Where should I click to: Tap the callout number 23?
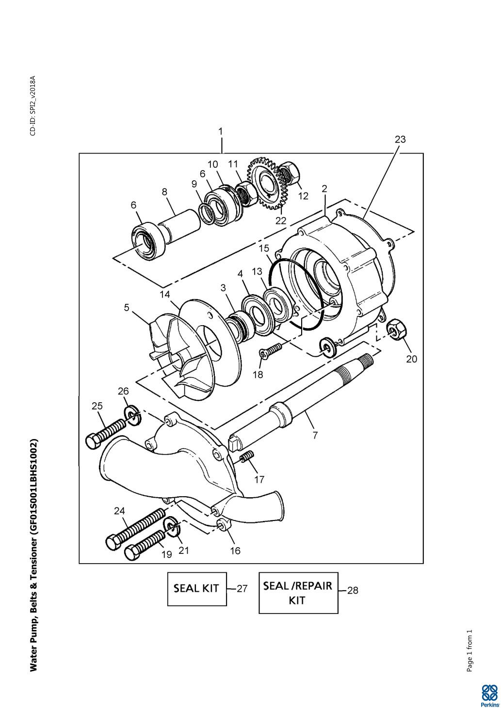point(400,140)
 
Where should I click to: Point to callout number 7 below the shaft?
point(315,435)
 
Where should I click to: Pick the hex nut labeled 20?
point(396,329)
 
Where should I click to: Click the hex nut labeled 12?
point(290,173)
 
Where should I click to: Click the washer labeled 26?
point(132,417)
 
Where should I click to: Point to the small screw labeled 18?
point(271,351)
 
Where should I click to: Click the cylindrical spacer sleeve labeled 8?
point(179,226)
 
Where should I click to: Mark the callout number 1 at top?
point(221,131)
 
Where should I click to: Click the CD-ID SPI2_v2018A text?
point(33,106)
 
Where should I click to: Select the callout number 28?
point(353,590)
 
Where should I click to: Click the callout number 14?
point(164,295)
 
